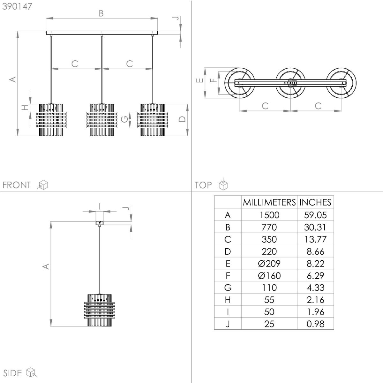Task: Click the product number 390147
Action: click(x=17, y=7)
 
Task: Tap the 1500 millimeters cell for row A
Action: click(x=269, y=215)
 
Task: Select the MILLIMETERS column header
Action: click(x=269, y=202)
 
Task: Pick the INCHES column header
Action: click(x=315, y=202)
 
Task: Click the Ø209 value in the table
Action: click(x=269, y=264)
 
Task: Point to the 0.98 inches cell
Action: click(x=315, y=324)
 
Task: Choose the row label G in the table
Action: click(x=228, y=288)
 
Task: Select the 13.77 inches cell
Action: click(x=315, y=239)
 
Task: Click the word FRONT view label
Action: click(x=17, y=185)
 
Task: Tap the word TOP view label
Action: click(x=203, y=185)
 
